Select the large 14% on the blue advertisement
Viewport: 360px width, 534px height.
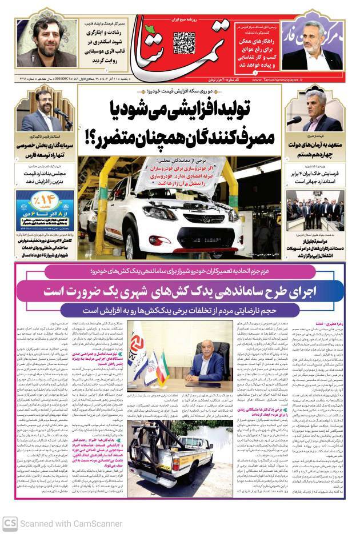click(x=45, y=202)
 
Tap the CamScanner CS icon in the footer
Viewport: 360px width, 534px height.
click(x=9, y=523)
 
